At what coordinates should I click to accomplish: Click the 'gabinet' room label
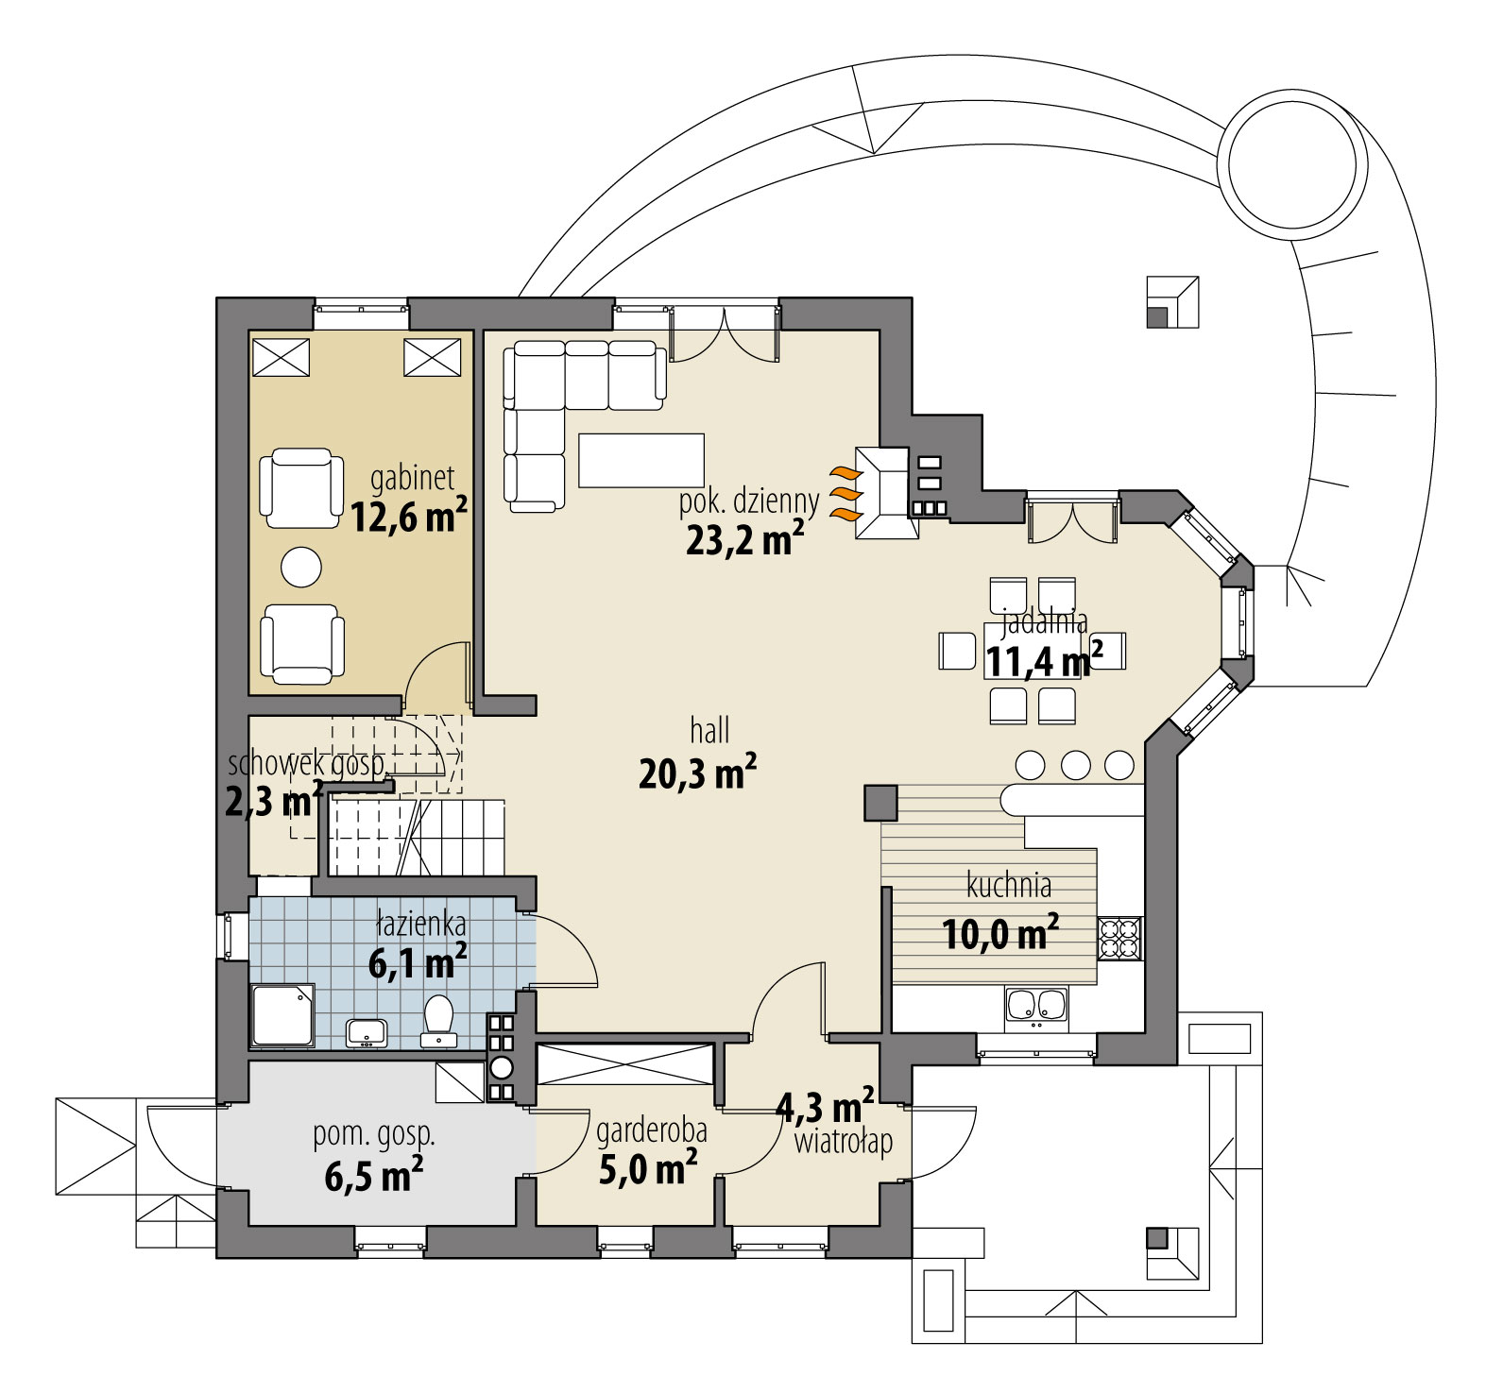click(x=412, y=478)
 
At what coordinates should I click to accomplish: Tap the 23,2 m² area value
click(x=744, y=538)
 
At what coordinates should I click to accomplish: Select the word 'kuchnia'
click(x=1009, y=886)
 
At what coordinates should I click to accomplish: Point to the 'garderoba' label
click(x=652, y=1130)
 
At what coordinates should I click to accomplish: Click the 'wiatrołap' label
click(x=843, y=1143)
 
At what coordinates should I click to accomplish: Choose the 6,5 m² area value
click(x=373, y=1176)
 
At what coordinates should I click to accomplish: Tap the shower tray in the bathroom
click(x=282, y=1015)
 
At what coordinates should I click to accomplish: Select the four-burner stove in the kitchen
click(x=1120, y=939)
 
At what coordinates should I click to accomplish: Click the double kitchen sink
click(x=1035, y=1006)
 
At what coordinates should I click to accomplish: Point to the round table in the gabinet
click(x=301, y=567)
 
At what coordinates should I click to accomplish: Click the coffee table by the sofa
click(x=641, y=460)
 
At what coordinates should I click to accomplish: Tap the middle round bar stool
click(x=1075, y=764)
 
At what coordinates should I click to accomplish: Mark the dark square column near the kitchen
click(x=880, y=803)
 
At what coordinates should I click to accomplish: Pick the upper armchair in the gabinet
click(x=301, y=488)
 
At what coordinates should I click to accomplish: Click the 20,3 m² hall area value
click(x=697, y=773)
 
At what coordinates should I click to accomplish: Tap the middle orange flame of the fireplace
click(x=846, y=493)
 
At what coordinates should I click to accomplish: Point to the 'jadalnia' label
click(x=1044, y=621)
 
